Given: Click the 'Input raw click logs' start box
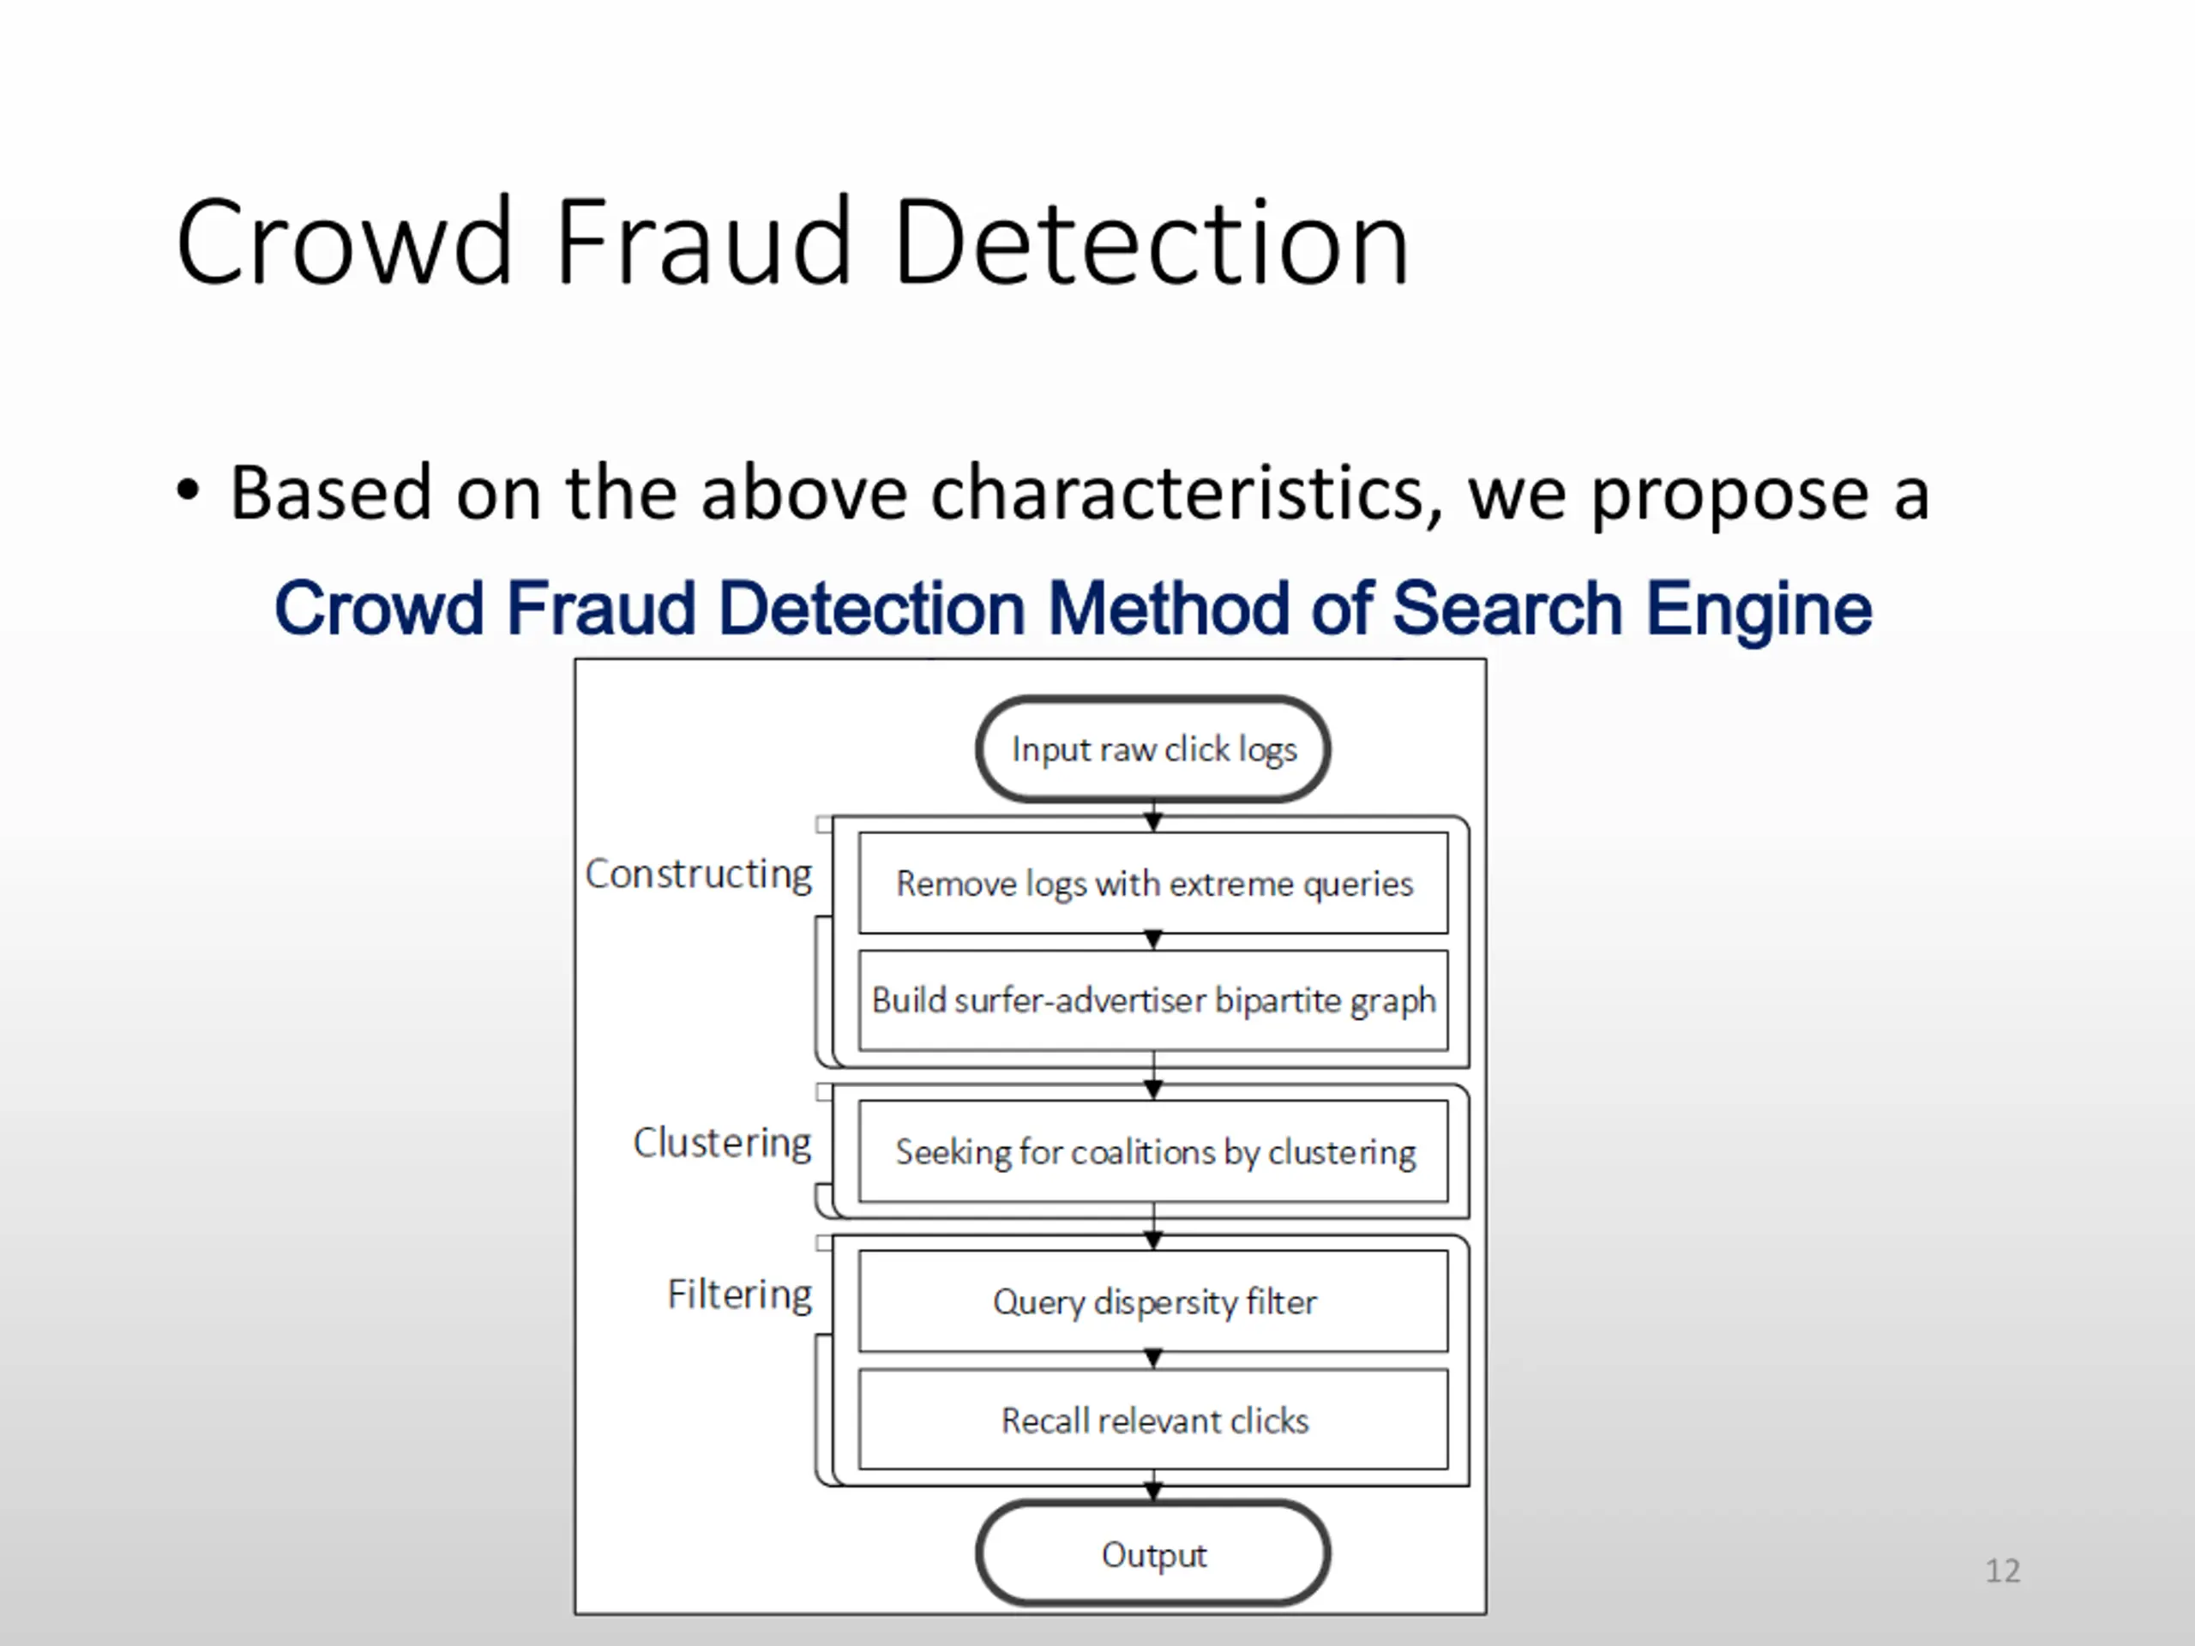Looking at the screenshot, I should tap(1153, 749).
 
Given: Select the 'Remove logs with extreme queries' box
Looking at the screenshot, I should tap(1153, 883).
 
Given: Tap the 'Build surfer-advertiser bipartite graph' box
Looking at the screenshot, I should tap(1153, 1000).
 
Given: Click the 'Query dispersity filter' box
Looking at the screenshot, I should tap(1153, 1301).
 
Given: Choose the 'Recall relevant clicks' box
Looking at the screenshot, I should tap(1153, 1420).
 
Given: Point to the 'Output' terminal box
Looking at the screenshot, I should tap(1153, 1553).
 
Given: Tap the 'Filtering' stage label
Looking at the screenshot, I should tap(739, 1295).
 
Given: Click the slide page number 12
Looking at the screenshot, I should tap(2002, 1571).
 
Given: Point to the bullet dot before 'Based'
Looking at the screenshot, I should tap(188, 490).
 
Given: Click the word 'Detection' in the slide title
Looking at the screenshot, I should tap(1151, 243).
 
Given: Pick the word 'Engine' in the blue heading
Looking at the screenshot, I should tap(1759, 608).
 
